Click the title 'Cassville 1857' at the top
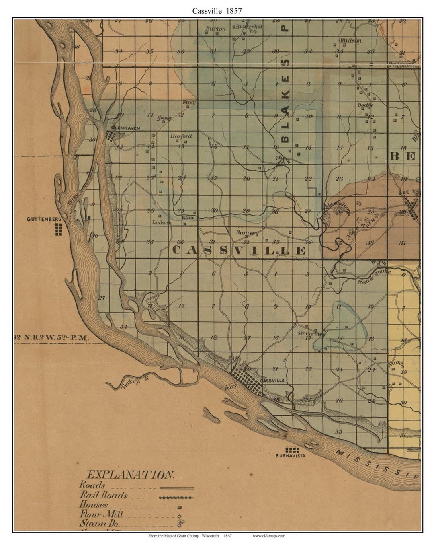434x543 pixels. (217, 11)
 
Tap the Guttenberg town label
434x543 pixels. (43, 219)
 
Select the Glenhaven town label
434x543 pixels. (125, 128)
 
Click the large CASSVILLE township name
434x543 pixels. (239, 251)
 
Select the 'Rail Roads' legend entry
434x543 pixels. (103, 495)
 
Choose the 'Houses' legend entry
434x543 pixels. (94, 505)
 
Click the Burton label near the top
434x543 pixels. (215, 29)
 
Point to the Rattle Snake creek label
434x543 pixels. (374, 277)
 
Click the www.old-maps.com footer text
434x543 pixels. (269, 536)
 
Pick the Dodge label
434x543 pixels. (365, 105)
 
